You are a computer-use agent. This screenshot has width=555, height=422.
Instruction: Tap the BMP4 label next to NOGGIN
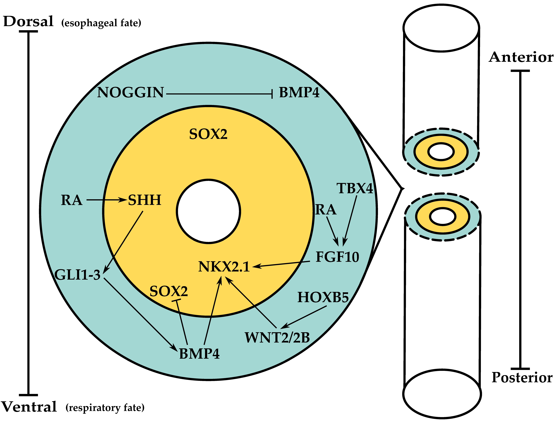[299, 93]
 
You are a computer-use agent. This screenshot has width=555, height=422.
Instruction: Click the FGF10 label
[337, 257]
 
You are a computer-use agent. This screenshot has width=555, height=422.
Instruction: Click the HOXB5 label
[323, 297]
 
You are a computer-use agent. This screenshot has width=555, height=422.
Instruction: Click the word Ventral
[29, 407]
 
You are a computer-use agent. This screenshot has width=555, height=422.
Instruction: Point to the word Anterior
[521, 57]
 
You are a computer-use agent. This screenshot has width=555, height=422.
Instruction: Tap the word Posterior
[522, 378]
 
